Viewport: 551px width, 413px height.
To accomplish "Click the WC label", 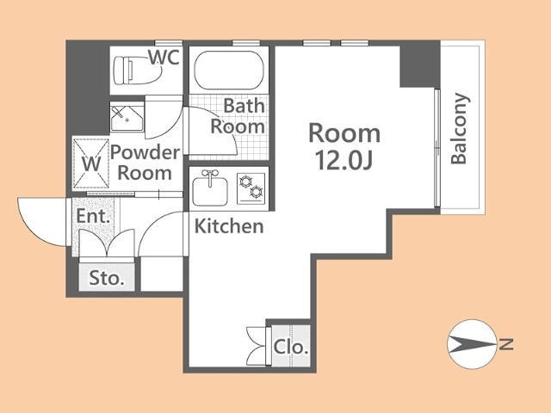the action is pos(164,58).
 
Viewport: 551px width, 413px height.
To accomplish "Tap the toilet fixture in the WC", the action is pos(137,71).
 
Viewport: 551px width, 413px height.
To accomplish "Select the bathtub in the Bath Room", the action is pos(229,71).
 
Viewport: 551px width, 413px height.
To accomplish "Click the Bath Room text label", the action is pos(238,116).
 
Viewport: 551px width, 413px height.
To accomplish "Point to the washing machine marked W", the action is pos(91,163).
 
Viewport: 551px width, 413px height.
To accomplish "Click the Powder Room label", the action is pos(145,163).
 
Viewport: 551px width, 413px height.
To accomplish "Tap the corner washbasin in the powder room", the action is pos(127,117).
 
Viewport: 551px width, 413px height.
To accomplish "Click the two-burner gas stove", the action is pos(251,188).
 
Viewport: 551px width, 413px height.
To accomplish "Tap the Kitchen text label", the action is pos(229,226).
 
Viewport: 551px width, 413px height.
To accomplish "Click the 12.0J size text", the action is pos(344,161).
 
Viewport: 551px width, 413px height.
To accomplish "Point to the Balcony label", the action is pos(460,128).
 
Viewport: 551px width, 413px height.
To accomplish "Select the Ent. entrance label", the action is pos(93,216).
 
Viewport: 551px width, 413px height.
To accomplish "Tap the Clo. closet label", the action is pos(291,348).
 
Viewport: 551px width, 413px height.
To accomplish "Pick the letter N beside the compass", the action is pos(506,344).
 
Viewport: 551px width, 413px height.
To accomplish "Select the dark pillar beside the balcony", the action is pos(420,65).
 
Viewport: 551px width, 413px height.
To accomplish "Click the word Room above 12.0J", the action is pos(344,133).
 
